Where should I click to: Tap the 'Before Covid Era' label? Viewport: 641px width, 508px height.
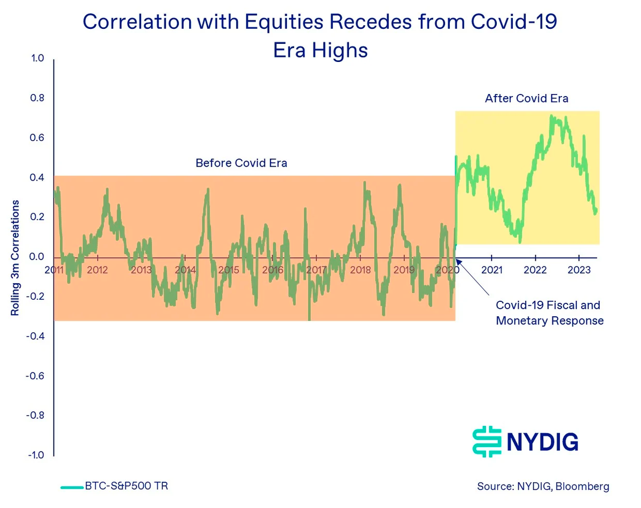click(241, 163)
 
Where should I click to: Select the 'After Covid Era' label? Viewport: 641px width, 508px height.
click(526, 98)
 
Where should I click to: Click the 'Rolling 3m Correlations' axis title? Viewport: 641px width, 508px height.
click(15, 257)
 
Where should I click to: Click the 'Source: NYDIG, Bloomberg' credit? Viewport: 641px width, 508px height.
click(543, 487)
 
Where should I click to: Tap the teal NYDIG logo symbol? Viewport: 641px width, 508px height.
click(488, 441)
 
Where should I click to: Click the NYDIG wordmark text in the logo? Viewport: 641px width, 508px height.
click(542, 442)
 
